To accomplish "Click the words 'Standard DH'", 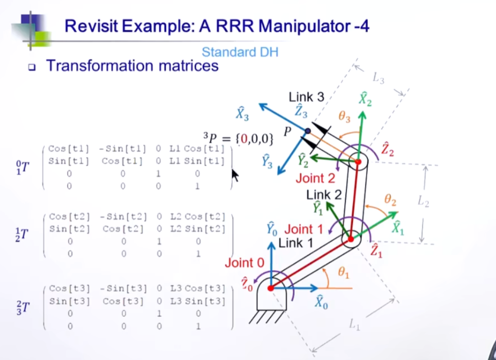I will click(240, 52).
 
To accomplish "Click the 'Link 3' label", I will click(306, 98).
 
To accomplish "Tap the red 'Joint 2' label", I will click(315, 179).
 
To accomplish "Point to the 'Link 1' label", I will click(295, 243).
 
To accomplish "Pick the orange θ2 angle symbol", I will click(390, 200).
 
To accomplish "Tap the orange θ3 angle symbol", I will click(344, 116).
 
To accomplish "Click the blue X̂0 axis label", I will click(322, 301).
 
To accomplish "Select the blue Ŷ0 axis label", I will click(272, 229).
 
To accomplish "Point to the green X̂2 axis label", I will click(365, 99).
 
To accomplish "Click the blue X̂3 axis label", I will click(242, 114).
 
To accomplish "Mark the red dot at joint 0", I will click(271, 288).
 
